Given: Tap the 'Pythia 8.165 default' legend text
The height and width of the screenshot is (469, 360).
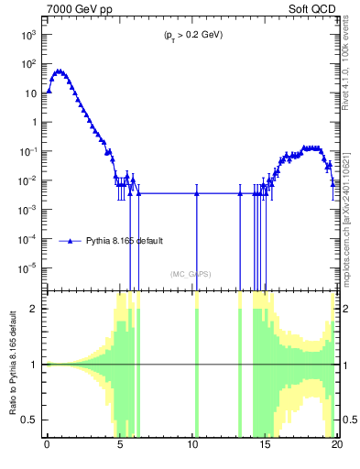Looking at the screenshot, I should [125, 241].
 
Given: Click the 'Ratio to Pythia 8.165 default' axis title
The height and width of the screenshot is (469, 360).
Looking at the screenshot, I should [12, 364].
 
